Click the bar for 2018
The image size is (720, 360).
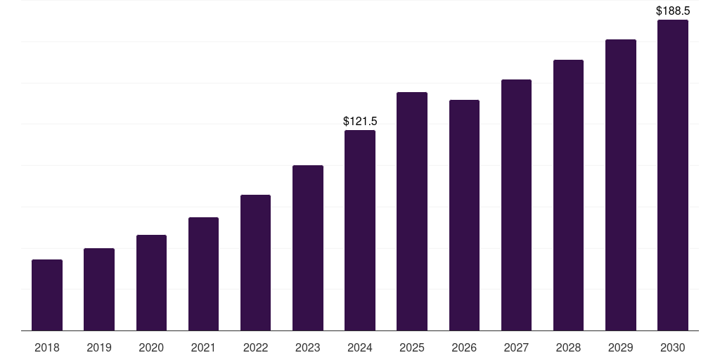point(47,295)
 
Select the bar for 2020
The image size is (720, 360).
point(152,283)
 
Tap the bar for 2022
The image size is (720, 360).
point(255,263)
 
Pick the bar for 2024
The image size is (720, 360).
point(360,231)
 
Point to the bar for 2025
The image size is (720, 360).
point(412,211)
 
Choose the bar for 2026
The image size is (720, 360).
point(464,215)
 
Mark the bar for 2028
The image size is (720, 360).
point(568,195)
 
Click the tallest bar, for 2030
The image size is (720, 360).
point(673,175)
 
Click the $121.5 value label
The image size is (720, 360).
point(360,121)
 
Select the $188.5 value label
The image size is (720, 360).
point(673,11)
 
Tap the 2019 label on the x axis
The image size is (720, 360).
point(99,347)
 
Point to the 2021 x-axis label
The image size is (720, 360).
point(203,347)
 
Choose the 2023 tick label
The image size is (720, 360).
point(308,347)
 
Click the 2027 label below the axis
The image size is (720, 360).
point(516,347)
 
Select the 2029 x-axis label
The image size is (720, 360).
point(620,347)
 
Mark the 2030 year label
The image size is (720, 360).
point(673,347)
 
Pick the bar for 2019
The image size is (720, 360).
point(99,289)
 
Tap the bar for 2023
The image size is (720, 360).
point(308,248)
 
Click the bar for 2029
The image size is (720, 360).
point(621,185)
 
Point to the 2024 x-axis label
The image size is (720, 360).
point(360,347)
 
